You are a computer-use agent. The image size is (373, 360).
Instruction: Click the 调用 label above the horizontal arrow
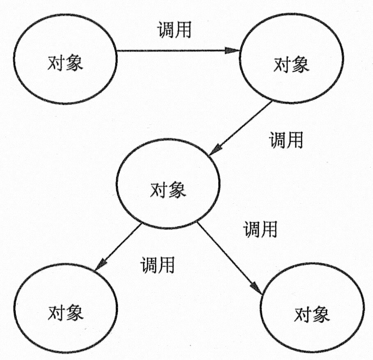(174, 30)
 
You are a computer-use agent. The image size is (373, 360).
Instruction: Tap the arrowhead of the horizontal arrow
(233, 51)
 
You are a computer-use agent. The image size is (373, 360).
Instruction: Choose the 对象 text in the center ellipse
(168, 190)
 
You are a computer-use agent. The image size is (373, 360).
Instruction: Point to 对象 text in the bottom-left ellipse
(66, 313)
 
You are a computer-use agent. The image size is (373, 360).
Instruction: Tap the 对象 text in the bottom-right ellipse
(312, 315)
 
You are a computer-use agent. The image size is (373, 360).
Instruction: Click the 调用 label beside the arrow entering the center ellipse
(286, 140)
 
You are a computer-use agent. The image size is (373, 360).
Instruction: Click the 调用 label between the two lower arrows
(157, 265)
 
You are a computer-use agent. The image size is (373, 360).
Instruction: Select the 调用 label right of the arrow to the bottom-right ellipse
(260, 229)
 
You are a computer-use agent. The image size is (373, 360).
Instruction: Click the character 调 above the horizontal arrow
(166, 30)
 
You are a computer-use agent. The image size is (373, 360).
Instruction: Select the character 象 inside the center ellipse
(177, 190)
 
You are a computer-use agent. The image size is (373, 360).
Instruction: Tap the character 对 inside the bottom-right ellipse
(303, 315)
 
